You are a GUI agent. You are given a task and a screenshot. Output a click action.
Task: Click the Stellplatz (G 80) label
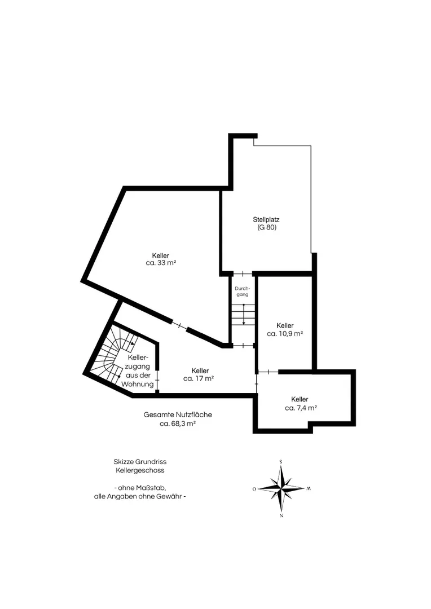pos(266,223)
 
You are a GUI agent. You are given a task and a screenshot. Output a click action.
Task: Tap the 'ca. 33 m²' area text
pos(161,263)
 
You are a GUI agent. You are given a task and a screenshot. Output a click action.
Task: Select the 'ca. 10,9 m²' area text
pos(285,333)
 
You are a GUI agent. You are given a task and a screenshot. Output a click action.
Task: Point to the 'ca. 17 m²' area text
pos(199,378)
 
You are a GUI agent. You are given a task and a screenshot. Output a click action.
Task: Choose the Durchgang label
pos(243,292)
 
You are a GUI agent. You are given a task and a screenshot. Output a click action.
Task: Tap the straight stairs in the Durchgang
pos(243,315)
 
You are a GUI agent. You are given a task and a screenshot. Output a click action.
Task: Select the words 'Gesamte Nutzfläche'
pos(178,414)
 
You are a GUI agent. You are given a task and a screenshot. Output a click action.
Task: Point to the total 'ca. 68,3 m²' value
pos(178,423)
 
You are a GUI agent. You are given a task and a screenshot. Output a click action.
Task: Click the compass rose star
pos(281,488)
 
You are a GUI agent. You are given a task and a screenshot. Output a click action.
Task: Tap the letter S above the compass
pos(280,462)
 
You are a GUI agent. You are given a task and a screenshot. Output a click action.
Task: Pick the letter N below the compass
pos(282,516)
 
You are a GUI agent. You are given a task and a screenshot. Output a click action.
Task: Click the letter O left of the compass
pos(254,489)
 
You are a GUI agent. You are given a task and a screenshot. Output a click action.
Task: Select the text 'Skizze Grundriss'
pos(140,462)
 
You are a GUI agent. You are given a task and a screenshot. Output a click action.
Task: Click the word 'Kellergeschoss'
pos(140,470)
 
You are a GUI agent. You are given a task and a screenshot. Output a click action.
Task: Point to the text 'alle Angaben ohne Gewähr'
pos(137,496)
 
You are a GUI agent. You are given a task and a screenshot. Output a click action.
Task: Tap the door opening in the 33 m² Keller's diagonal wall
pos(179,326)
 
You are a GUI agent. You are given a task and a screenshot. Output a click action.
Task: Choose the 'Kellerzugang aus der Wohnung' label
pos(138,370)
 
